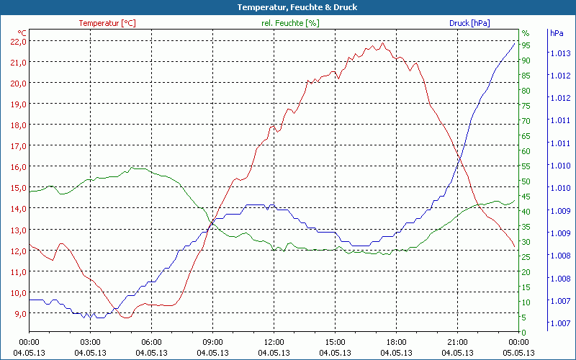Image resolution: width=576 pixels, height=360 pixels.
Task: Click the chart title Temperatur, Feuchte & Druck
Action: coord(287,7)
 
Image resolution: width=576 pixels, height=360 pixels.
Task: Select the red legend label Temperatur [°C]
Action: coord(107,23)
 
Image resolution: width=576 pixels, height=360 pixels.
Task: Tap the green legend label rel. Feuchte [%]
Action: coord(289,23)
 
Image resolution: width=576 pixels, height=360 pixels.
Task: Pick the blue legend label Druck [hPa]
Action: coord(469,23)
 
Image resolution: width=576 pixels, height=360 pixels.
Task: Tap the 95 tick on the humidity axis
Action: coord(526,45)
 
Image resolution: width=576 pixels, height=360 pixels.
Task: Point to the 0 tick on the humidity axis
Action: coord(524,332)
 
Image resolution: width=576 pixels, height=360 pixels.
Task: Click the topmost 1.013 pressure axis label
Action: coord(561,53)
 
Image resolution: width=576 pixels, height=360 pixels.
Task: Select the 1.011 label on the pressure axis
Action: coord(561,120)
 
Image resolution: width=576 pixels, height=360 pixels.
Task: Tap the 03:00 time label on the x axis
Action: coord(90,342)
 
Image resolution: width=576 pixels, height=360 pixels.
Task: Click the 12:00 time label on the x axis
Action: coord(274,342)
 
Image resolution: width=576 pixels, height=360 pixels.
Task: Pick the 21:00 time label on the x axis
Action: coord(457,342)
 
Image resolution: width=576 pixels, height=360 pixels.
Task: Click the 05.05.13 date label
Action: coord(518,352)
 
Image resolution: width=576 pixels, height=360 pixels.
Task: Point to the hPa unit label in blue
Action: coord(557,33)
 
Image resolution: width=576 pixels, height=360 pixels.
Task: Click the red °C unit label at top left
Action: coord(22,33)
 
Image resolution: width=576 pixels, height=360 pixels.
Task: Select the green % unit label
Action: coord(526,33)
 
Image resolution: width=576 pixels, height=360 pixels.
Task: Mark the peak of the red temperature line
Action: coord(382,42)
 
